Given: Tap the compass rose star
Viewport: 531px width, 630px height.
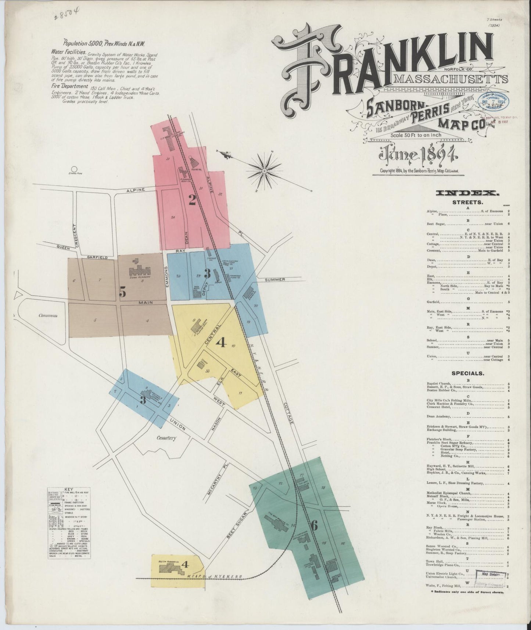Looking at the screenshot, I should coord(265,171).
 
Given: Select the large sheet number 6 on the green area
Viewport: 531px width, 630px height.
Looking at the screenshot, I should coord(314,526).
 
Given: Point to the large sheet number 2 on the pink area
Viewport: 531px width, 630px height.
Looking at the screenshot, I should coord(192,200).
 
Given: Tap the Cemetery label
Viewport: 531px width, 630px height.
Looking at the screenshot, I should coord(167,438).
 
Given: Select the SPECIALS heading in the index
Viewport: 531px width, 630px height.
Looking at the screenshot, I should coord(467,373).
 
